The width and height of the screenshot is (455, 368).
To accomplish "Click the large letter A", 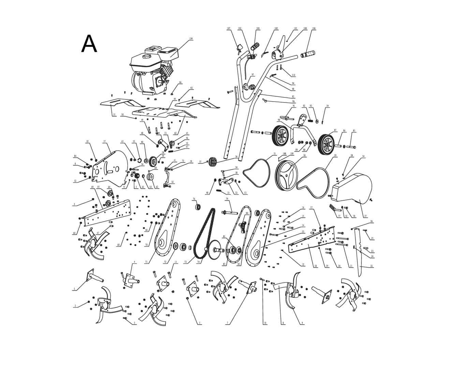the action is [89, 44].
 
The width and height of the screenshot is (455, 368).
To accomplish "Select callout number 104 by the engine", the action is [191, 39].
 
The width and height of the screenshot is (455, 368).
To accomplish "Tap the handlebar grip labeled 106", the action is [308, 54].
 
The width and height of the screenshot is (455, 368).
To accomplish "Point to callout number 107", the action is [229, 28].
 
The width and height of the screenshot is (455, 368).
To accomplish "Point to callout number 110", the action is [293, 75].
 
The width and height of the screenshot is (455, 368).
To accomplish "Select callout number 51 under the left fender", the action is [114, 115].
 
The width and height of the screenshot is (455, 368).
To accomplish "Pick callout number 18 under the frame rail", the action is [315, 266].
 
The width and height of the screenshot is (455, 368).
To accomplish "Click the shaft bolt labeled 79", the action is [230, 213].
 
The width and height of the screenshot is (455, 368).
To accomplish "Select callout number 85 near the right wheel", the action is [354, 131].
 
